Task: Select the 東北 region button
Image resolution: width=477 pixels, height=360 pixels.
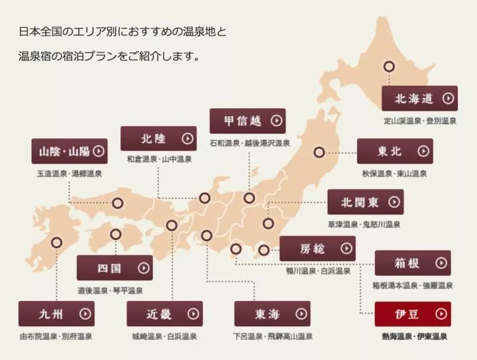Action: pos(394,151)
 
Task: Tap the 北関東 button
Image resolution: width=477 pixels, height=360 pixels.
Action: pos(365,202)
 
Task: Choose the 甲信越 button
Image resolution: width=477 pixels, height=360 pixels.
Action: pos(247,121)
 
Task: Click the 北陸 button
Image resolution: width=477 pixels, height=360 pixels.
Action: pos(158,139)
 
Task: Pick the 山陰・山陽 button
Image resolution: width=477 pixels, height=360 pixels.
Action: pos(70,151)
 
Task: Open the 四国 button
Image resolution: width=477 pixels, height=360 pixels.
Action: pos(114,268)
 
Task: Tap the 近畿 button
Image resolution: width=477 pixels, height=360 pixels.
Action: pos(164,314)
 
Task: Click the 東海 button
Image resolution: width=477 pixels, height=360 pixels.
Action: pos(272,314)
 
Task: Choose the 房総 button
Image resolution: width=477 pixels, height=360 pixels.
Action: pos(317,249)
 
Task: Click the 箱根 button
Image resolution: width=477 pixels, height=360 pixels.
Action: pos(412,263)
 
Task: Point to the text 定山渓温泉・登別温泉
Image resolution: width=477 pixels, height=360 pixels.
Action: pos(420,121)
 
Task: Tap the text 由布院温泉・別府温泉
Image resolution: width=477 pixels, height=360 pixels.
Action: pos(56,337)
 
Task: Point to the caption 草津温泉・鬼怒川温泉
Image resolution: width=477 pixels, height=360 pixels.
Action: pos(364,225)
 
